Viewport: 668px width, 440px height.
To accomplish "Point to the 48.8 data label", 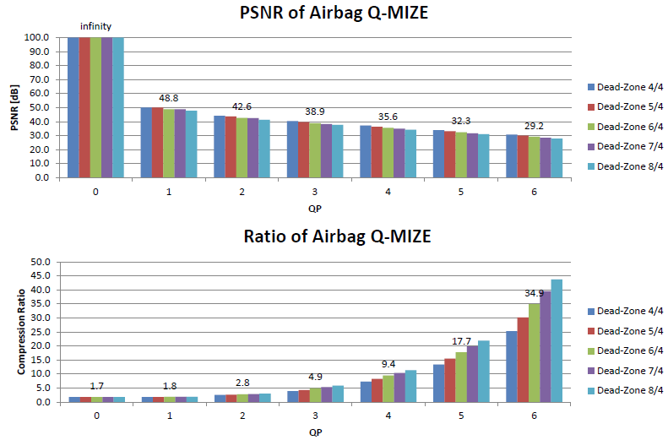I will tap(168, 97).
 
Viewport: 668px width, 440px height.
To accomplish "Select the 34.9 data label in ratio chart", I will tap(534, 293).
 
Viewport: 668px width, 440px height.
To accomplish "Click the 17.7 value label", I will tap(461, 341).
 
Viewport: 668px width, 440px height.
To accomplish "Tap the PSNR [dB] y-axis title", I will tap(13, 108).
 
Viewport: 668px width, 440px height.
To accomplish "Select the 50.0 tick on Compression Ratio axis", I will tap(39, 262).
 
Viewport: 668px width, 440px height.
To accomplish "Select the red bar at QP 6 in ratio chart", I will tap(523, 359).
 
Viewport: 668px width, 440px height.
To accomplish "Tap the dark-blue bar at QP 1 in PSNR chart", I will tap(146, 143).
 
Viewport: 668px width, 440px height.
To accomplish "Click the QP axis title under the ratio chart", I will tap(314, 431).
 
